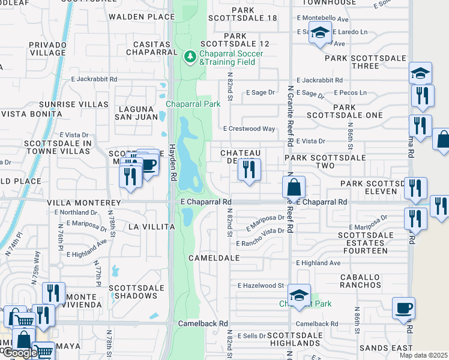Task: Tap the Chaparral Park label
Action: click(193, 104)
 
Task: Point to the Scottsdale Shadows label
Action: click(136, 292)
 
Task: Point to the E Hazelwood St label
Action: click(260, 286)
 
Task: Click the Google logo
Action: click(19, 353)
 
